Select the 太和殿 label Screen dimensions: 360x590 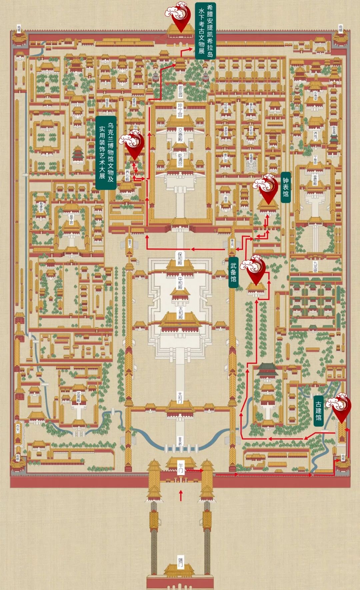click(x=180, y=313)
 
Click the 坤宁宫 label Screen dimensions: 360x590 click(x=180, y=110)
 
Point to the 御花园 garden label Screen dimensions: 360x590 click(x=180, y=90)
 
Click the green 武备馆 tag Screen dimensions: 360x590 click(x=233, y=272)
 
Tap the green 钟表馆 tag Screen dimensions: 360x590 click(x=286, y=187)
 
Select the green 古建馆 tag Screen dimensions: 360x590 click(x=319, y=411)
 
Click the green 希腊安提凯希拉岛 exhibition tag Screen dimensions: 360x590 click(x=205, y=31)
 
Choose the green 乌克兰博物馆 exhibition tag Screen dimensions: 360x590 click(x=106, y=152)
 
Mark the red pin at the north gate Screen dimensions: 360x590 click(x=180, y=19)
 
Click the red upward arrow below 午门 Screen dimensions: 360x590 click(x=181, y=495)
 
